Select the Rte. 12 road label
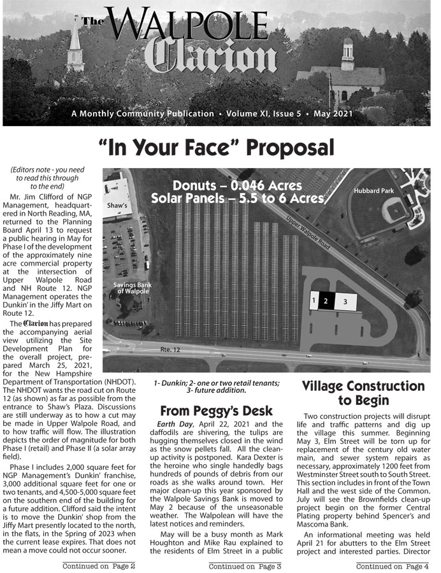[x=170, y=350]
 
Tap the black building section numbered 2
[x=326, y=301]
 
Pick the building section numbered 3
[x=345, y=302]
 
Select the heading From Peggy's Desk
[x=217, y=411]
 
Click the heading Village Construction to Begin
[x=363, y=393]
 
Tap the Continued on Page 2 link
[x=98, y=565]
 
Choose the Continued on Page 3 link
[x=245, y=565]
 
